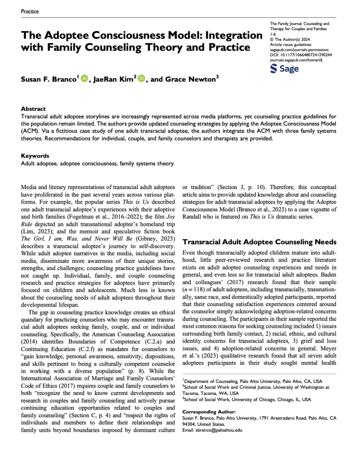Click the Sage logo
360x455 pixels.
pyautogui.click(x=284, y=68)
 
